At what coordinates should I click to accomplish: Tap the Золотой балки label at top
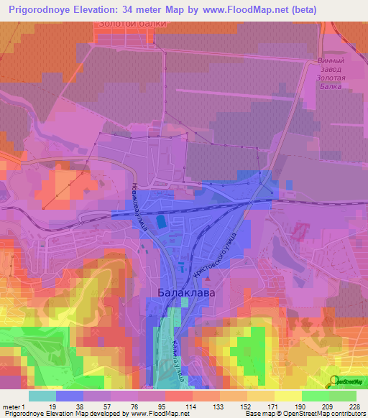(132, 24)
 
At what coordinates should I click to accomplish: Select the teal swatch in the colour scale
(42, 396)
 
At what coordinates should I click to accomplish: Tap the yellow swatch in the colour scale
(287, 396)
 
